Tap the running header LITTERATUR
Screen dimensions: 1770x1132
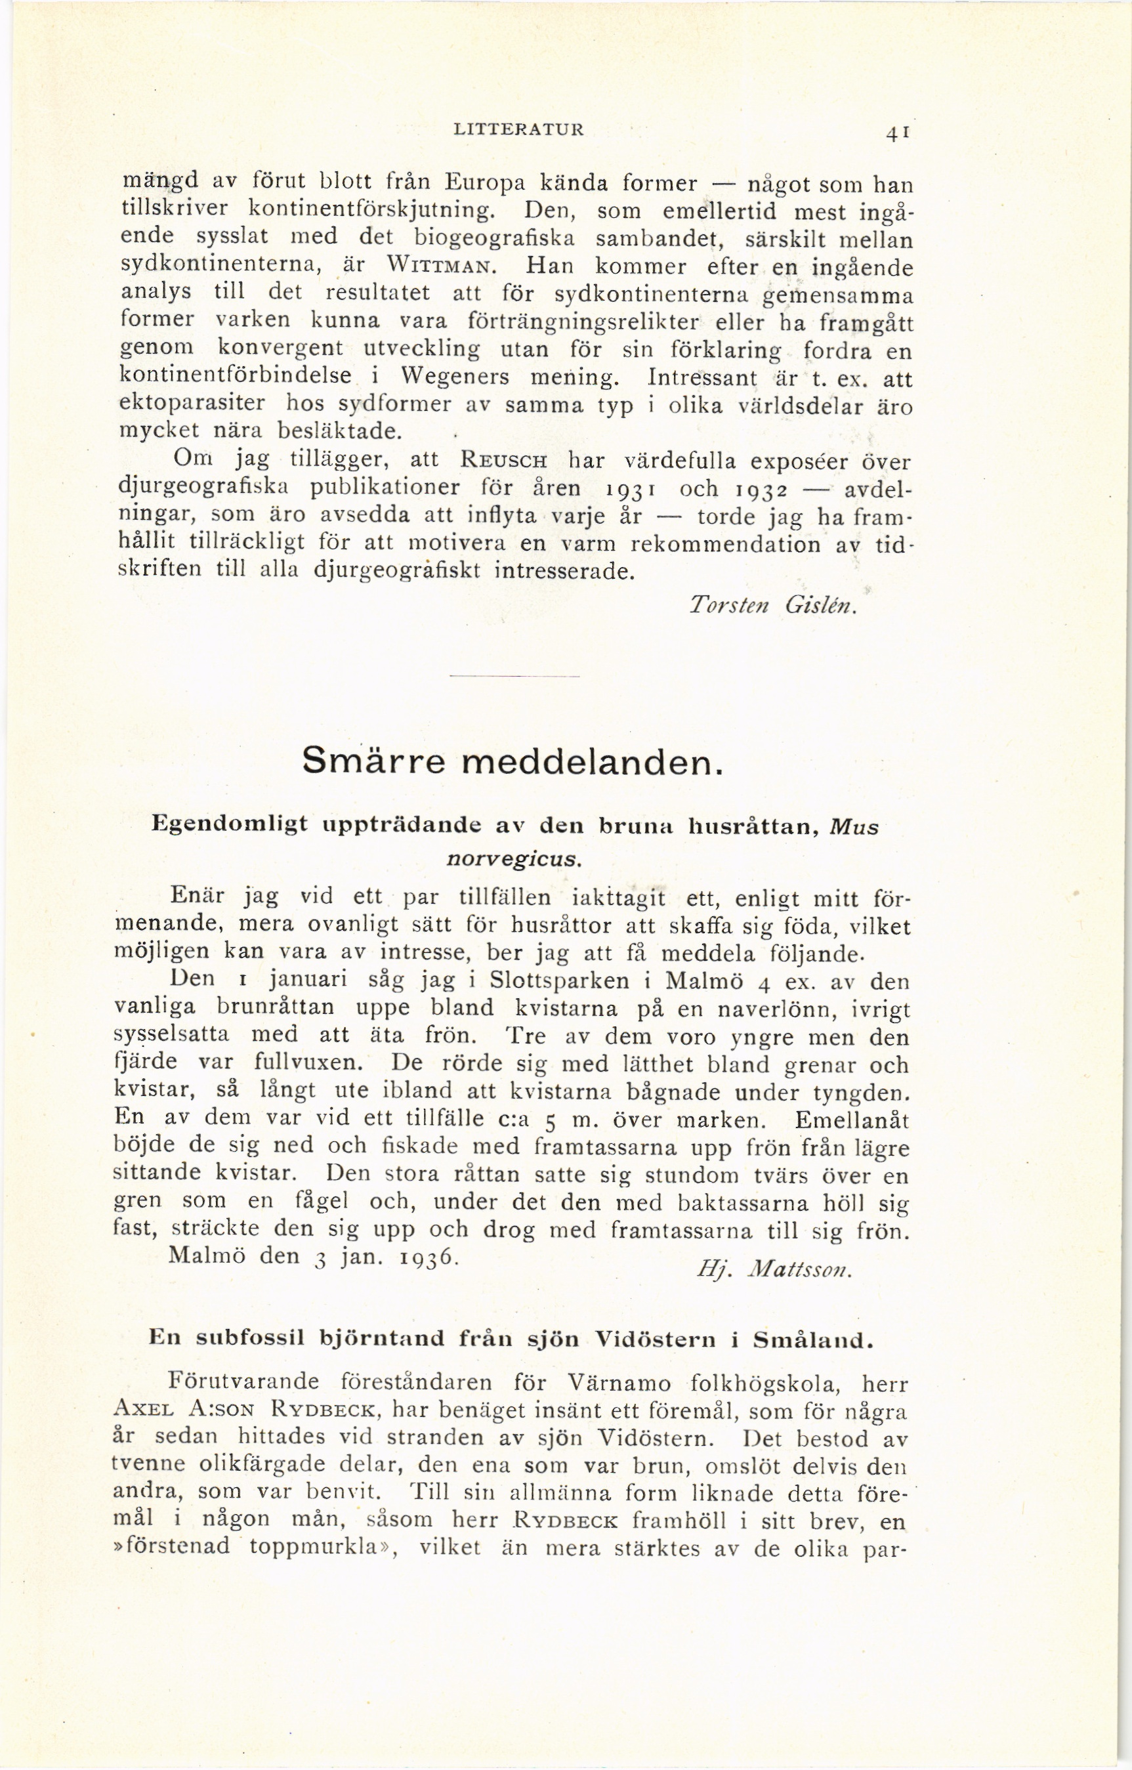(x=520, y=130)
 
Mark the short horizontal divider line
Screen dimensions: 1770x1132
(x=514, y=676)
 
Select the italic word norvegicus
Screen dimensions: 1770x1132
(x=514, y=858)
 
